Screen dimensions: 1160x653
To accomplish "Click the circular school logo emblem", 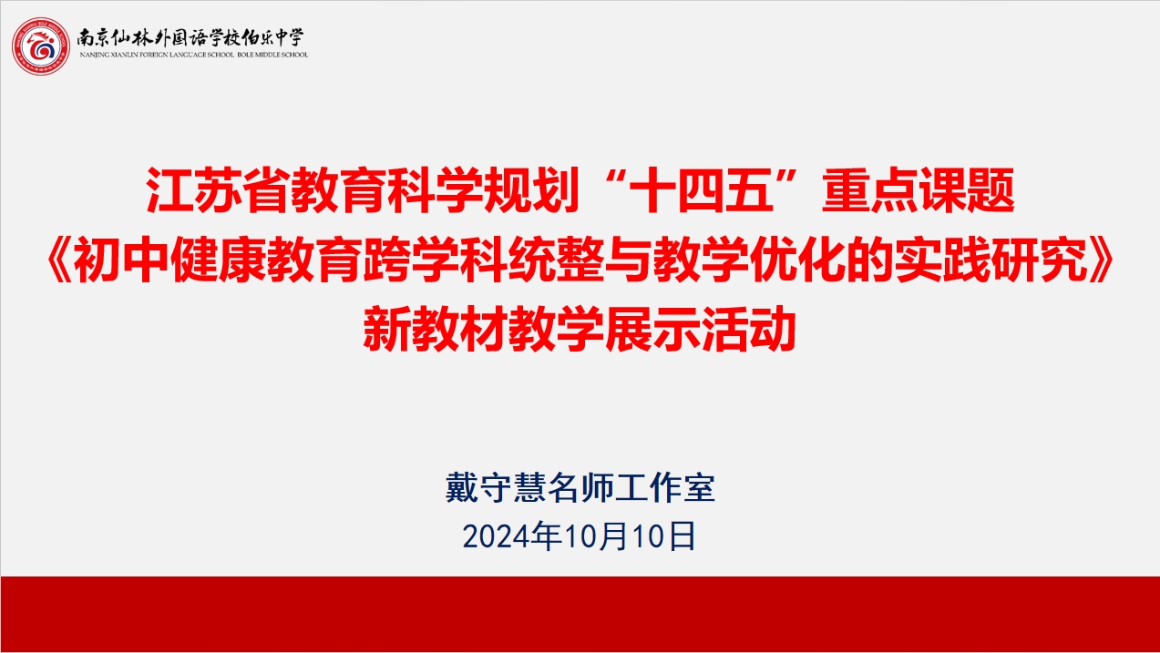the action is pyautogui.click(x=41, y=46).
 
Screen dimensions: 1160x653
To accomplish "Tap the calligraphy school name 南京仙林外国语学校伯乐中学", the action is pyautogui.click(x=190, y=37).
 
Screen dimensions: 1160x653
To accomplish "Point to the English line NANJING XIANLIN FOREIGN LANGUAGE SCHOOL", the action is pyautogui.click(x=157, y=55).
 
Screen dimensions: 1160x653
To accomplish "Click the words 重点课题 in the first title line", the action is pyautogui.click(x=919, y=190).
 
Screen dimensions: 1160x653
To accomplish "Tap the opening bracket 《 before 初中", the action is pyautogui.click(x=58, y=260).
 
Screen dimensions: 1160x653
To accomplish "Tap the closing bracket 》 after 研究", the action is pyautogui.click(x=1102, y=260).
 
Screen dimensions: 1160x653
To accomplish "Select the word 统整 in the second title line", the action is pyautogui.click(x=555, y=260).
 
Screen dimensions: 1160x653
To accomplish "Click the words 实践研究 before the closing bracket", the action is pyautogui.click(x=991, y=260).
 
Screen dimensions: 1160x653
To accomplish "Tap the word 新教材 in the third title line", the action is pyautogui.click(x=435, y=329).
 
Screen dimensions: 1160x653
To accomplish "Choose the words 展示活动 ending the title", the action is pyautogui.click(x=700, y=329).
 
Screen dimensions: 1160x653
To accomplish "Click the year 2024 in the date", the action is pyautogui.click(x=496, y=536).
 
